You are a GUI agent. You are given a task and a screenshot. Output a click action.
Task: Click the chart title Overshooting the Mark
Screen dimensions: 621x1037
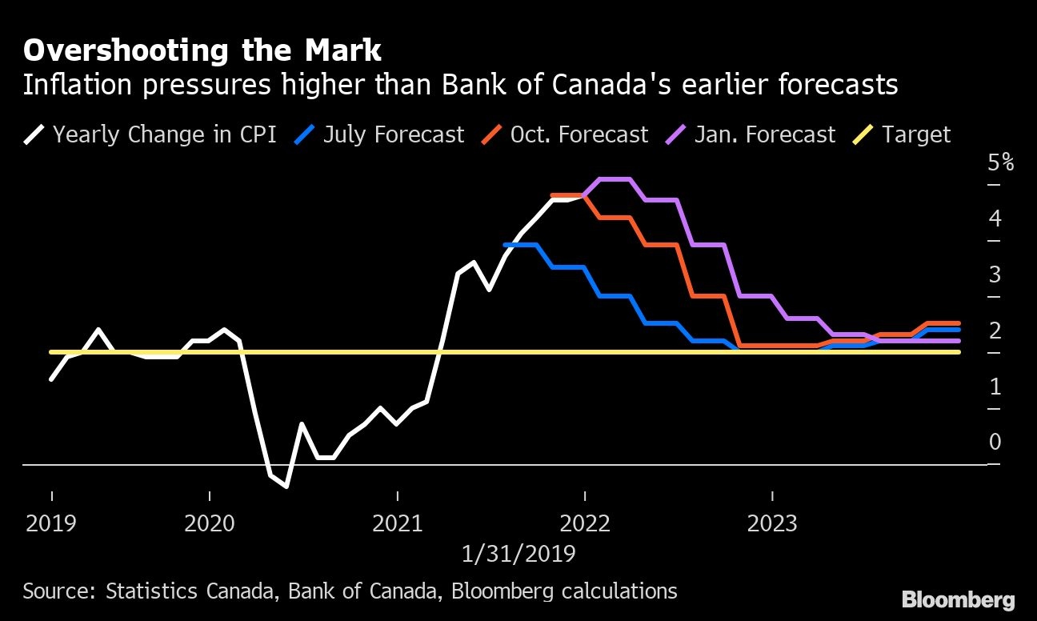pos(202,50)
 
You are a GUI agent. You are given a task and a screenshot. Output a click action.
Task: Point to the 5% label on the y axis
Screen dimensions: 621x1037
pos(1000,163)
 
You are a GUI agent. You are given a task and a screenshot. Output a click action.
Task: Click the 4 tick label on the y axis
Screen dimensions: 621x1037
pos(995,218)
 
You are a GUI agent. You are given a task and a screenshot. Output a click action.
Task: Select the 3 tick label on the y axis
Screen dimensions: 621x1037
pos(995,274)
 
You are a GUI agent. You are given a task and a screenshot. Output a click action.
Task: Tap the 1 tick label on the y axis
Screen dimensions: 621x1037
pos(995,387)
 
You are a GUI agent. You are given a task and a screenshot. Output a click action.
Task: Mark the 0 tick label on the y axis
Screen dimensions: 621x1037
pos(995,442)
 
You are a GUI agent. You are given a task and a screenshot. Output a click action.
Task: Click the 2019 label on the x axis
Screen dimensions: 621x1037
pos(51,524)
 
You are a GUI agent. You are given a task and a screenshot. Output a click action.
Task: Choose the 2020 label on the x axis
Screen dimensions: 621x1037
pos(209,524)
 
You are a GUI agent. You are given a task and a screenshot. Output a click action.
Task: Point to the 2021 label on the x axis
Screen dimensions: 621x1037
pos(398,524)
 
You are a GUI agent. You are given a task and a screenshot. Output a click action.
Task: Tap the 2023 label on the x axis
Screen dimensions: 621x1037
pos(772,524)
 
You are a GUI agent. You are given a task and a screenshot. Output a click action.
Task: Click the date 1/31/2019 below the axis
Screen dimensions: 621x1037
pos(518,553)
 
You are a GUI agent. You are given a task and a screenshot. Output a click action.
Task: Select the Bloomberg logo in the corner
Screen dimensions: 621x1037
pos(958,599)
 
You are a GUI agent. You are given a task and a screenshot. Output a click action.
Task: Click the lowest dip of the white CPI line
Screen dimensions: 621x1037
pos(286,486)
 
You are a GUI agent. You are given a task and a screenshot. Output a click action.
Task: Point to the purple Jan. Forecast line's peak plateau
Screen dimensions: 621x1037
pos(615,179)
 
